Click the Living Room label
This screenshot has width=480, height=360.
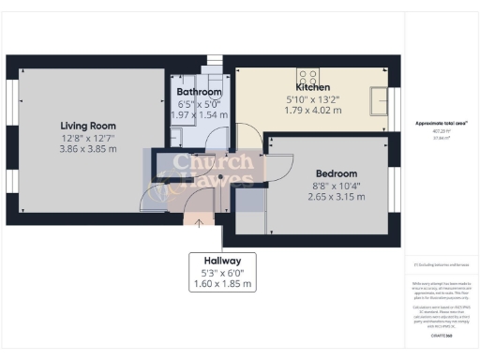click(88, 125)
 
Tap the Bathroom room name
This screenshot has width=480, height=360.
click(200, 92)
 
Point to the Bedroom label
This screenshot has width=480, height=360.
click(336, 173)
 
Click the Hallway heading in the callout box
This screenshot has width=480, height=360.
click(215, 260)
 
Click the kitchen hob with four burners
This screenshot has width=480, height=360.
click(307, 77)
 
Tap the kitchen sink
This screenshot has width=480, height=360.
click(380, 97)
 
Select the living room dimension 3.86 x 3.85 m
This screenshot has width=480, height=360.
click(88, 148)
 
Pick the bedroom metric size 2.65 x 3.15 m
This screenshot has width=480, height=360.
click(336, 197)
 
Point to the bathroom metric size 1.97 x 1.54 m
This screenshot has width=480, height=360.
click(200, 114)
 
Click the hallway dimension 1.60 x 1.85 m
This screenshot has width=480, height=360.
click(215, 283)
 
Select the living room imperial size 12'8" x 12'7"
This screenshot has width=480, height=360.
click(88, 137)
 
